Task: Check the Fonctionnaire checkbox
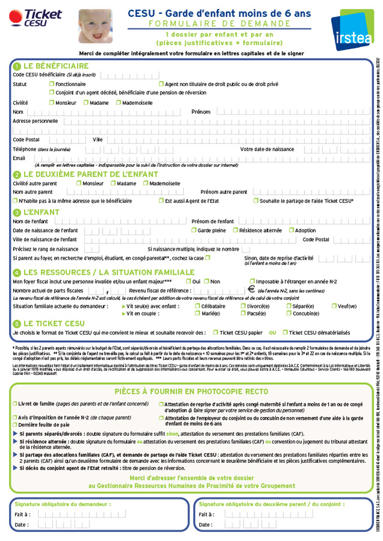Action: point(51,84)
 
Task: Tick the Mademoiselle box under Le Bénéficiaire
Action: point(119,103)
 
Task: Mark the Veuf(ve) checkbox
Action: point(334,306)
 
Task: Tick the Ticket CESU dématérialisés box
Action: point(286,332)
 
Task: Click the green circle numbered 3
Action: point(17,212)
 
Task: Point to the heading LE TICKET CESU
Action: point(54,323)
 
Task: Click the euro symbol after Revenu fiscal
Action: point(251,290)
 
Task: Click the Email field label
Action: point(19,159)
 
